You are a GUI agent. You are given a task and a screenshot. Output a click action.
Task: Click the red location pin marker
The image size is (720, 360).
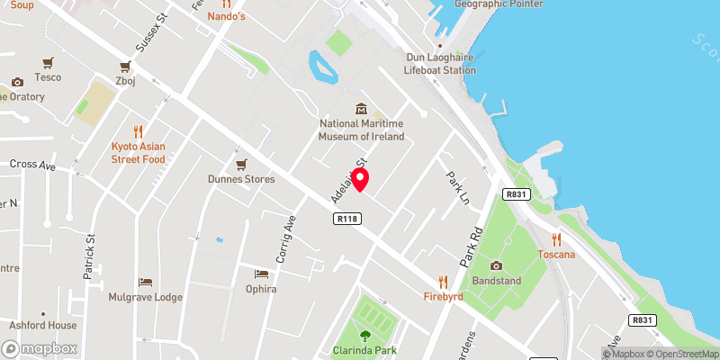(361, 180)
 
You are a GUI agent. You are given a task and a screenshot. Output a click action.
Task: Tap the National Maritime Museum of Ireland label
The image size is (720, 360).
(361, 130)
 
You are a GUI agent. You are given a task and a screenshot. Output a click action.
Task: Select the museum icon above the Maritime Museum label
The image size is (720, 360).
(361, 108)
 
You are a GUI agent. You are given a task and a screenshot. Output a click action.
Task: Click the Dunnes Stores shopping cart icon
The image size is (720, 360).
(240, 164)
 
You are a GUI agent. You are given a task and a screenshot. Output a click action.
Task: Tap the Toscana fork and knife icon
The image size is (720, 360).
(556, 238)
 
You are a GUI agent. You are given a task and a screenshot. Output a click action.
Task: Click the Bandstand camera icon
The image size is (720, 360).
(496, 265)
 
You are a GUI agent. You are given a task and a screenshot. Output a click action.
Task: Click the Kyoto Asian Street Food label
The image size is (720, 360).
(139, 152)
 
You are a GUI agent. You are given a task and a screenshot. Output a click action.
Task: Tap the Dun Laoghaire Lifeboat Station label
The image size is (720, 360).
(439, 63)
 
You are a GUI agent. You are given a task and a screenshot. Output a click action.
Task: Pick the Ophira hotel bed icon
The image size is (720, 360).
(261, 274)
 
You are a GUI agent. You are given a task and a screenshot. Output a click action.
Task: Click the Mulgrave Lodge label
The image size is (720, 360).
(145, 297)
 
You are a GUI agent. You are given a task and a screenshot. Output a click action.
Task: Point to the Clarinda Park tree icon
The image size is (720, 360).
(365, 335)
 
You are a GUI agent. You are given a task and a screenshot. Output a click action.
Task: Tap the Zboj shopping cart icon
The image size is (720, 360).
(124, 66)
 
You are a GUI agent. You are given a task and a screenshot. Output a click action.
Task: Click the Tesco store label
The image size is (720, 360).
(48, 77)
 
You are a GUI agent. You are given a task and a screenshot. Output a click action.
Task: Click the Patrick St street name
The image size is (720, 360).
(90, 256)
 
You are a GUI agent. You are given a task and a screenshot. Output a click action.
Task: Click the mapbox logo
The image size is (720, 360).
(40, 348)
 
